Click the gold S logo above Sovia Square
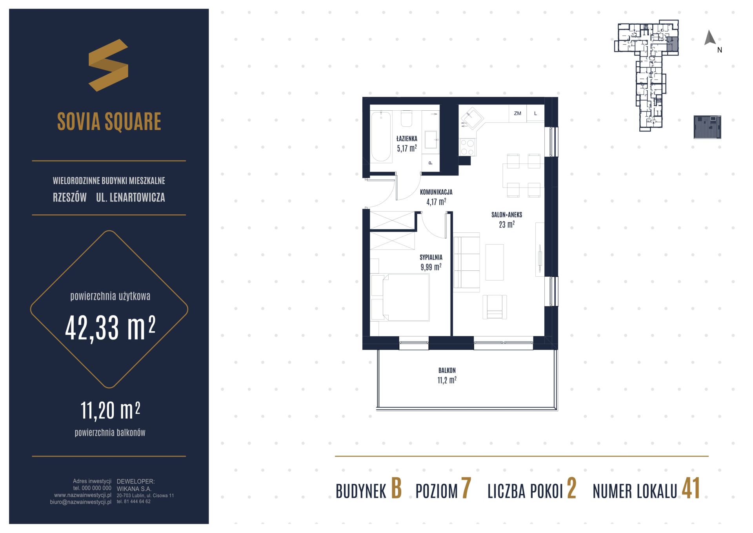click(108, 65)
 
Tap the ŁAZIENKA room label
click(407, 139)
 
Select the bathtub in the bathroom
click(381, 137)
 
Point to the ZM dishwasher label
click(517, 113)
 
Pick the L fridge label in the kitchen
click(535, 113)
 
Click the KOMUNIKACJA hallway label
click(436, 192)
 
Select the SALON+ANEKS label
click(507, 215)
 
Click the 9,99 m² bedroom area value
click(431, 267)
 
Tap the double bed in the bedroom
click(400, 297)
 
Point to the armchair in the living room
click(495, 307)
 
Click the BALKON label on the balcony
click(447, 371)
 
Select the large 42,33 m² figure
click(110, 329)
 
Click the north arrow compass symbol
click(710, 38)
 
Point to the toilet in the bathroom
click(407, 119)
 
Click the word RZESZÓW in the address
click(70, 197)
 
